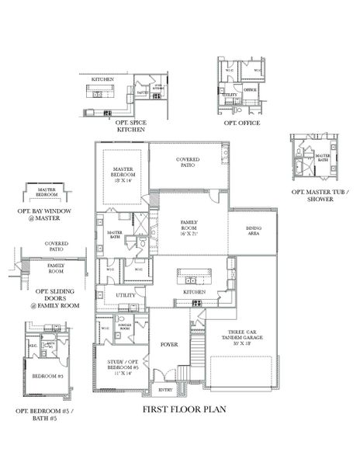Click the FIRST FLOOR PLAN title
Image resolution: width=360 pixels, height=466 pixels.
pos(184,409)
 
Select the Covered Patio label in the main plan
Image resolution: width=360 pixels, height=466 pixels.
pos(187,162)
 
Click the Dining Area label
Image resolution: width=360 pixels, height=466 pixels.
pos(253,230)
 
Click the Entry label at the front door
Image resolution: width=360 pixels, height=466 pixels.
pos(166,391)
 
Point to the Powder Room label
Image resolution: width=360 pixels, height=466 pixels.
pos(123,328)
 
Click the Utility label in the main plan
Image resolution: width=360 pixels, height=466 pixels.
pos(125,295)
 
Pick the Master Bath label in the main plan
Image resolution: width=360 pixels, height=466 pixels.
pos(113,235)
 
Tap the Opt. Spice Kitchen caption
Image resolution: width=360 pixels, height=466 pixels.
pos(130,126)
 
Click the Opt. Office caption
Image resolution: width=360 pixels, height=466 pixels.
pos(241,123)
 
